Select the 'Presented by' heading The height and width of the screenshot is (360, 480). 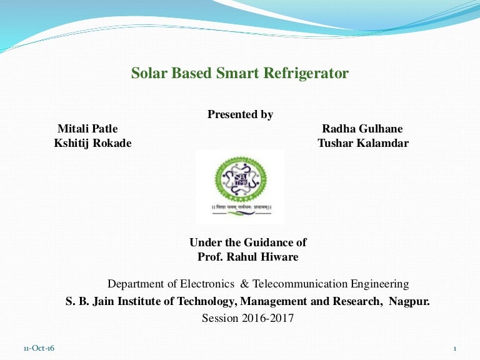tap(240, 114)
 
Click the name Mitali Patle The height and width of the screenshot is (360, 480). tap(87, 129)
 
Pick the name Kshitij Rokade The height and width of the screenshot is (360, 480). tap(93, 142)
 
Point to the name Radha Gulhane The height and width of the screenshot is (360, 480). tap(362, 129)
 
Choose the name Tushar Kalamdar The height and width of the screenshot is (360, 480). tap(363, 142)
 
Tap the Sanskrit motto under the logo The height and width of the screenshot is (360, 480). tap(239, 206)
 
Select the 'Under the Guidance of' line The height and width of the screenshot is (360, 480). tap(248, 242)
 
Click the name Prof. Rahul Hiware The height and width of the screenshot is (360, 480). tap(247, 256)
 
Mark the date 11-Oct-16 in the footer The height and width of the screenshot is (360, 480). tap(39, 348)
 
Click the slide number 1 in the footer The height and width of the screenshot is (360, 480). tap(455, 348)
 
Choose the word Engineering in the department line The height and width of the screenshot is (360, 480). tap(380, 284)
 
